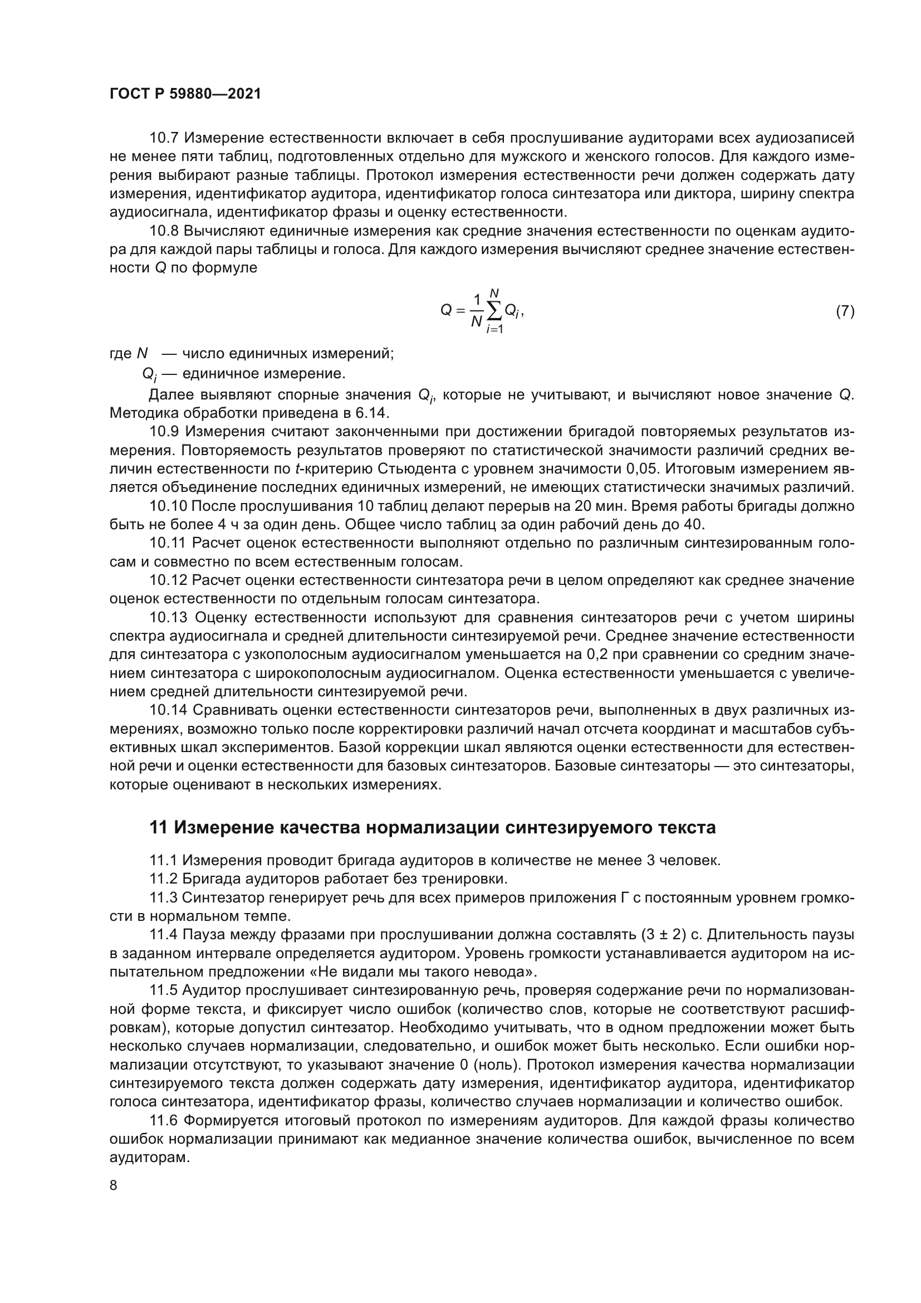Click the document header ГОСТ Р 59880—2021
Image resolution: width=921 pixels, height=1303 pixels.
pos(185,94)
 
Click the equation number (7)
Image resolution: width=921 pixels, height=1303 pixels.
pos(845,311)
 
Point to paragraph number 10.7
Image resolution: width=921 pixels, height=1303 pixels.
pos(164,138)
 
